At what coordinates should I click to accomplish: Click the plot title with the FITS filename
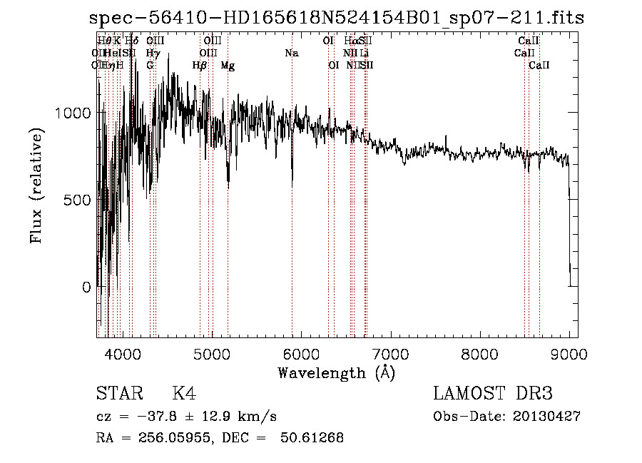(x=337, y=18)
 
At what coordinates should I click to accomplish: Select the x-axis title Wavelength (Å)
(x=336, y=372)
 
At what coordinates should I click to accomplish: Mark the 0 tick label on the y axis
(x=86, y=287)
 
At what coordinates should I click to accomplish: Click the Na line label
(x=291, y=54)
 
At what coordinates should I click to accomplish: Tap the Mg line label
(x=228, y=66)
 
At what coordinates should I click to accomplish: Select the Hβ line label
(x=200, y=66)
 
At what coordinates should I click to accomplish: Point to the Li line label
(x=365, y=54)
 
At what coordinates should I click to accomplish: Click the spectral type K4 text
(x=184, y=394)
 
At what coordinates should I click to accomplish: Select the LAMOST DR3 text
(x=493, y=394)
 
